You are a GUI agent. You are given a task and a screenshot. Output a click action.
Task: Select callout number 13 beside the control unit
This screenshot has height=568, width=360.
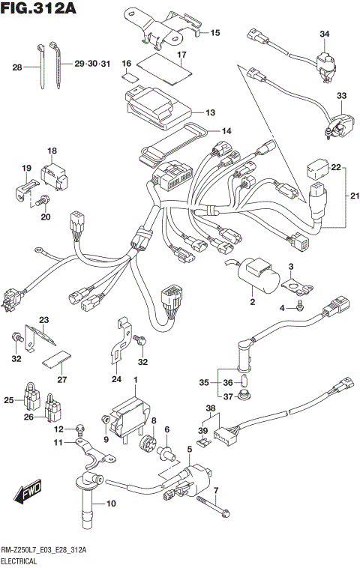[209, 112]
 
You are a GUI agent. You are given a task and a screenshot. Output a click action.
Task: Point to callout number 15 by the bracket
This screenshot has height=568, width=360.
[214, 33]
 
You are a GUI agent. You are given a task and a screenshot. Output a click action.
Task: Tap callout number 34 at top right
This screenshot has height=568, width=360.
[324, 34]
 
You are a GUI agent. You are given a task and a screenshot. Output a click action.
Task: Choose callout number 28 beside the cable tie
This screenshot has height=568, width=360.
[17, 67]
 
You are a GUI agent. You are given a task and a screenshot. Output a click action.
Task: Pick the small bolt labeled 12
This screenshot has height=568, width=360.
[79, 428]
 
